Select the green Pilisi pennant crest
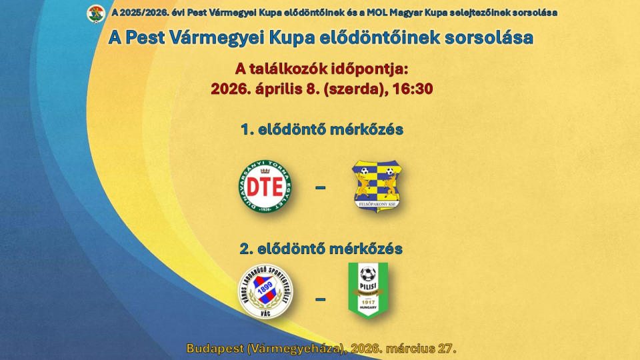click(368, 290)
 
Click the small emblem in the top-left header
click(97, 13)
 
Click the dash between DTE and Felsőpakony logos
click(321, 188)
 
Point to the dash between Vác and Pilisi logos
click(321, 299)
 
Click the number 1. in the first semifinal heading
click(247, 129)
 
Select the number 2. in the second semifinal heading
click(247, 249)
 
